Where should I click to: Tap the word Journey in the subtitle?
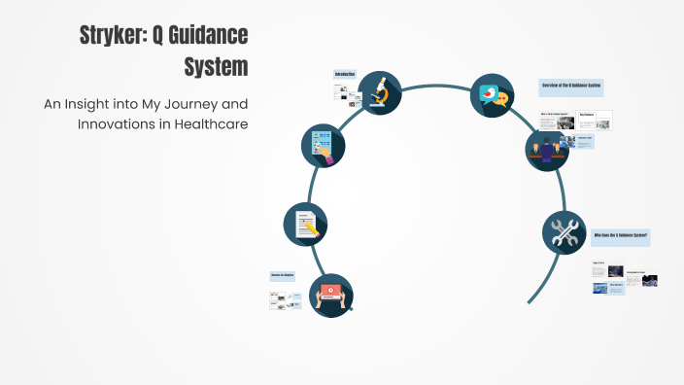tap(192, 104)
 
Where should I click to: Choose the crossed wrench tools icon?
tap(564, 233)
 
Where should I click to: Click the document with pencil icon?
tap(306, 225)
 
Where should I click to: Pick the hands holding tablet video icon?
tap(330, 293)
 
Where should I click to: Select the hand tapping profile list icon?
tap(324, 146)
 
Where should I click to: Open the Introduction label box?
tap(345, 75)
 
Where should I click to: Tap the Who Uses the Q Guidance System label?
tap(620, 236)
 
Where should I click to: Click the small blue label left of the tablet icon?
tap(282, 276)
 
